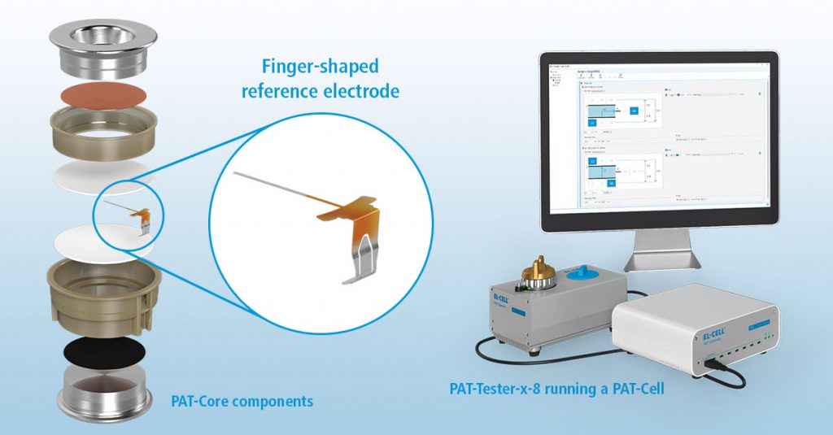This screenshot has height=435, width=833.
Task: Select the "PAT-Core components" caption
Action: point(242,401)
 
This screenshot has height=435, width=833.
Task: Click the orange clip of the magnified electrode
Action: point(346,213)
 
